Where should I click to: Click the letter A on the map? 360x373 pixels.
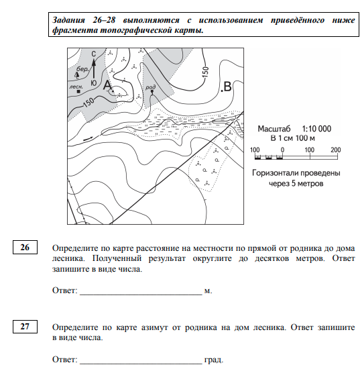pyautogui.click(x=107, y=85)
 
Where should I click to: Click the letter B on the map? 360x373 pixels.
pyautogui.click(x=227, y=87)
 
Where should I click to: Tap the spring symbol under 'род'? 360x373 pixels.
pyautogui.click(x=152, y=92)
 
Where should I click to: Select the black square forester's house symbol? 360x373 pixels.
pyautogui.click(x=78, y=92)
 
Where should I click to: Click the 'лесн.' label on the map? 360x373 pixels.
pyautogui.click(x=76, y=87)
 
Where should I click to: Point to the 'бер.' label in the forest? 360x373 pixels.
pyautogui.click(x=82, y=69)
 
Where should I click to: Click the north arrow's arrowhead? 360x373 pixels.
pyautogui.click(x=94, y=62)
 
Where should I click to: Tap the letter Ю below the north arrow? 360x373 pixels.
pyautogui.click(x=93, y=83)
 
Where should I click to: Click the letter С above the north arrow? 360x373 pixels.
pyautogui.click(x=93, y=54)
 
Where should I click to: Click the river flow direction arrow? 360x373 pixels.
pyautogui.click(x=88, y=139)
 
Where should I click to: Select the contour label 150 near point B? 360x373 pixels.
pyautogui.click(x=206, y=72)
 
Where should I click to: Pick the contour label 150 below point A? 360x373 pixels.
pyautogui.click(x=88, y=103)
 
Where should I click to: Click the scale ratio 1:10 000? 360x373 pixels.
pyautogui.click(x=316, y=129)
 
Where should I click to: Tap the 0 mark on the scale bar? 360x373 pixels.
pyautogui.click(x=282, y=150)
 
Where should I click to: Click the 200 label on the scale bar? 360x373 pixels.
pyautogui.click(x=335, y=150)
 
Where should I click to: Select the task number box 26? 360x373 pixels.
pyautogui.click(x=25, y=248)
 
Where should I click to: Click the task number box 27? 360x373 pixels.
pyautogui.click(x=25, y=326)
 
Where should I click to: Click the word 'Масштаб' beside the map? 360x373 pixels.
pyautogui.click(x=274, y=129)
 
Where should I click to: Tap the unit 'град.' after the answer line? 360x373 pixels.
pyautogui.click(x=214, y=360)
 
